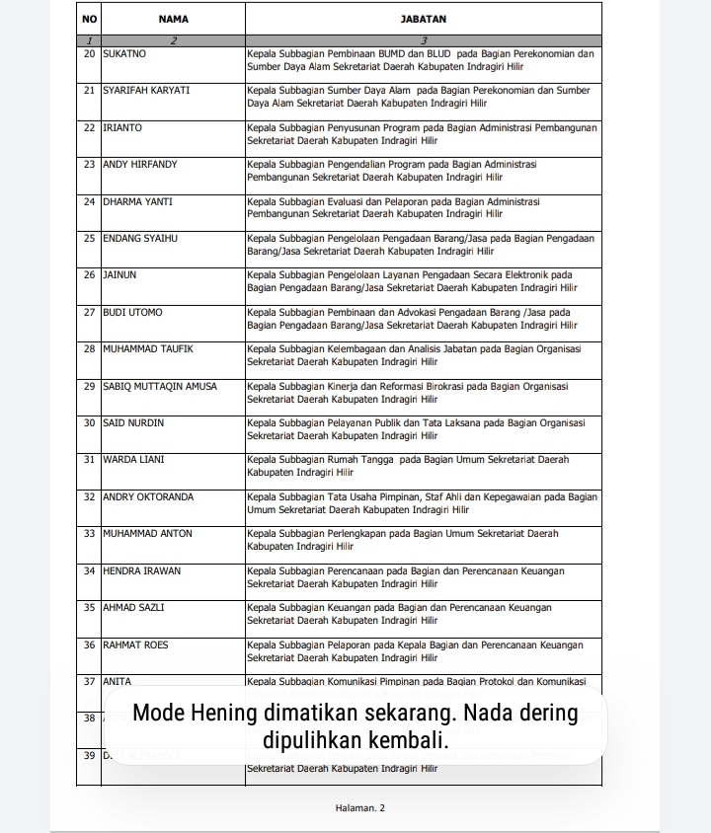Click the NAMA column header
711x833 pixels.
[x=173, y=19]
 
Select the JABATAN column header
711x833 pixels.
[x=424, y=19]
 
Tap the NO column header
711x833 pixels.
[x=89, y=19]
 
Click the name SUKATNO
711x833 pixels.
[x=124, y=53]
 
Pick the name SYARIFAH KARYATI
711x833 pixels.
[x=146, y=90]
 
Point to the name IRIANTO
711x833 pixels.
[x=122, y=127]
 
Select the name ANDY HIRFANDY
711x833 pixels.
[x=140, y=164]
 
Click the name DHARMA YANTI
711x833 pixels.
[x=137, y=201]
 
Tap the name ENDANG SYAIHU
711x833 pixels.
[x=139, y=238]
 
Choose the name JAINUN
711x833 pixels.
[x=119, y=274]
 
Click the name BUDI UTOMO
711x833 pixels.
[x=132, y=312]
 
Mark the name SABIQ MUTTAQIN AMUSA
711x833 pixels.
[x=160, y=386]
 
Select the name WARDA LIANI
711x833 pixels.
[x=133, y=459]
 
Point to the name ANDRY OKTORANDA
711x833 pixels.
[x=148, y=496]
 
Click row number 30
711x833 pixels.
[x=89, y=422]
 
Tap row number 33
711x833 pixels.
[x=89, y=533]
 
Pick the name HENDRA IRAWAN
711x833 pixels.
[x=142, y=570]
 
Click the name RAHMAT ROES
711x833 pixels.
[x=135, y=644]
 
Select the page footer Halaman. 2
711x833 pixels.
[x=360, y=807]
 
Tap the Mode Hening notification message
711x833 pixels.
[x=355, y=725]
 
